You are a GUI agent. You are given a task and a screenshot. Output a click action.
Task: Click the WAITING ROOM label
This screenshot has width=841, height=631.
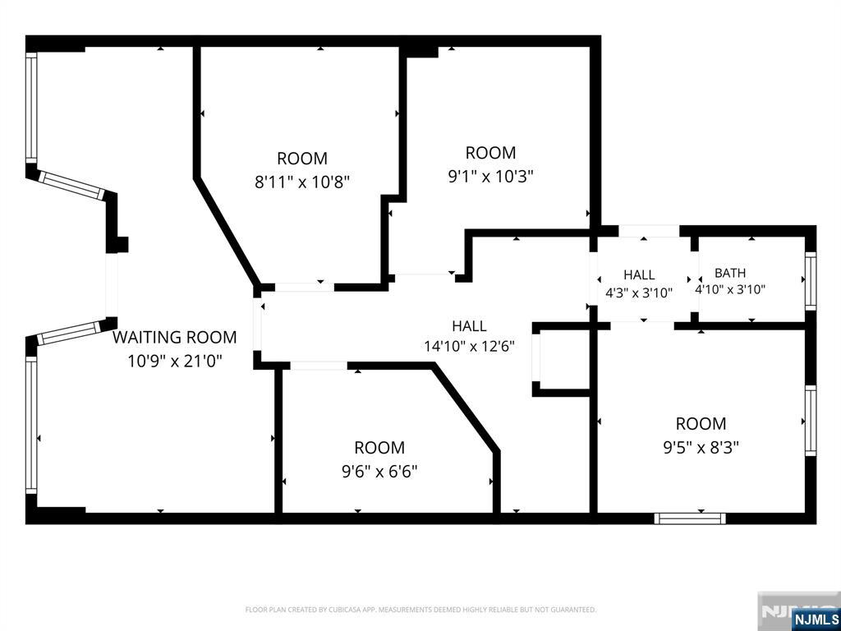174,337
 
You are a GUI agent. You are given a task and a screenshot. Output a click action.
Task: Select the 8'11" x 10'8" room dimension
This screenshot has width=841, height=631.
302,182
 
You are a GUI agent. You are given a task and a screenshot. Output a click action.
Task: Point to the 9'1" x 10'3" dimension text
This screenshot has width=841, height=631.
491,176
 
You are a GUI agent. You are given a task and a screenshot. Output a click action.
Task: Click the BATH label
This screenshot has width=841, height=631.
730,273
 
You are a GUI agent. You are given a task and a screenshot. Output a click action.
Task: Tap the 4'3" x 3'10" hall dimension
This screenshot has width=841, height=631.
639,293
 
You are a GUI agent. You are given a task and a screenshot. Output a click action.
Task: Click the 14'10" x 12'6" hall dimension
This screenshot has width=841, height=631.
469,347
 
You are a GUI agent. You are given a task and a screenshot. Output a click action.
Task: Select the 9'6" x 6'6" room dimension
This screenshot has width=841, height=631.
379,472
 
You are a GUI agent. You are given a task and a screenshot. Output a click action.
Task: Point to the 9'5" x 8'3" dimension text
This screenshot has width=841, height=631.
701,447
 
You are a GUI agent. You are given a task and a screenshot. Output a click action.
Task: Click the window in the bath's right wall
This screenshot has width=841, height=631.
811,281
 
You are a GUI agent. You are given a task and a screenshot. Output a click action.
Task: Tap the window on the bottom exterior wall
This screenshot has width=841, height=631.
690,518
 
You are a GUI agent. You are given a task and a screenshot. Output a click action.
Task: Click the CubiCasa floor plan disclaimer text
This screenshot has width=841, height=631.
420,610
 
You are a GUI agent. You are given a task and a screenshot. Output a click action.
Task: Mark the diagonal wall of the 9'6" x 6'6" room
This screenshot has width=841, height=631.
466,406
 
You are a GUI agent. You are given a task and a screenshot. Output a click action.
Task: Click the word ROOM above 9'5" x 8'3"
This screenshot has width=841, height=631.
701,423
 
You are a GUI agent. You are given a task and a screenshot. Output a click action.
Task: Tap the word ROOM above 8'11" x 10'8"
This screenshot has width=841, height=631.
302,159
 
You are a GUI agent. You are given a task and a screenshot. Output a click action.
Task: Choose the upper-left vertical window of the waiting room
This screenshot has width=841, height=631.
32,108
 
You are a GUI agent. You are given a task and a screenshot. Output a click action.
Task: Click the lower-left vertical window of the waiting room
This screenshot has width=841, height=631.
32,425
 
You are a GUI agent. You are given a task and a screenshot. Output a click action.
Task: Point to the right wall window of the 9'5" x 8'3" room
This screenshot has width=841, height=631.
811,421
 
